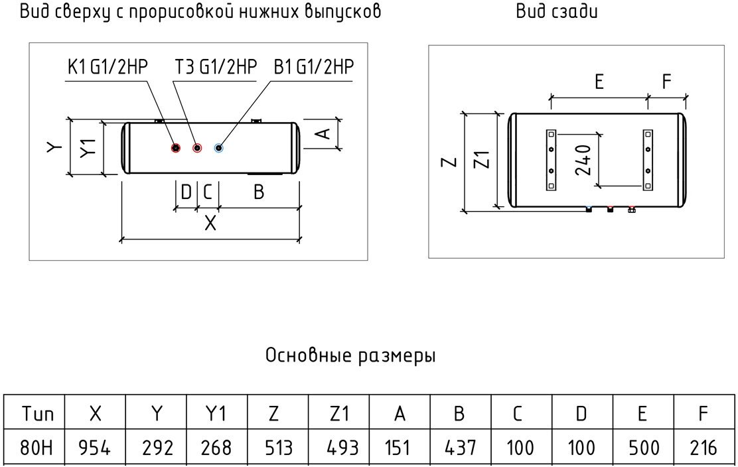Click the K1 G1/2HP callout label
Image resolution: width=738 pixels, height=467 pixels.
pos(107,67)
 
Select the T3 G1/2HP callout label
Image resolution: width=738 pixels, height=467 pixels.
pos(215,67)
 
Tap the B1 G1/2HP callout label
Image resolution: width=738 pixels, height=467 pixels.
pos(314,67)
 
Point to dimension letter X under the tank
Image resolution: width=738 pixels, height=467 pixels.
pos(210,223)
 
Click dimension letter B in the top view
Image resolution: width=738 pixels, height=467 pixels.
pos(259,192)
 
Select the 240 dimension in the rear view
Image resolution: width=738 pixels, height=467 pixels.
pos(582,159)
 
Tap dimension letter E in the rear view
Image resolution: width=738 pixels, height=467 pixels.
pos(599,82)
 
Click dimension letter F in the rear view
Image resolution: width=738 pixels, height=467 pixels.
pos(667,82)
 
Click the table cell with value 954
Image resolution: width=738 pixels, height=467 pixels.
pos(95,448)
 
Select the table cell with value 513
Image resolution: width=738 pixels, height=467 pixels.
pos(278,448)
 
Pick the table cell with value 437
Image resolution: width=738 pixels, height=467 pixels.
pos(459,448)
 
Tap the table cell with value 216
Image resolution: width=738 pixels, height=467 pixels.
pos(703,448)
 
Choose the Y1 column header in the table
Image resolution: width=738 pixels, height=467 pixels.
pos(217,414)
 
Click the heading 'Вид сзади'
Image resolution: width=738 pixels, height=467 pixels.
pos(557,12)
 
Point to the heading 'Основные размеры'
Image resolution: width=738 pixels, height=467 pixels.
pos(350,356)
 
